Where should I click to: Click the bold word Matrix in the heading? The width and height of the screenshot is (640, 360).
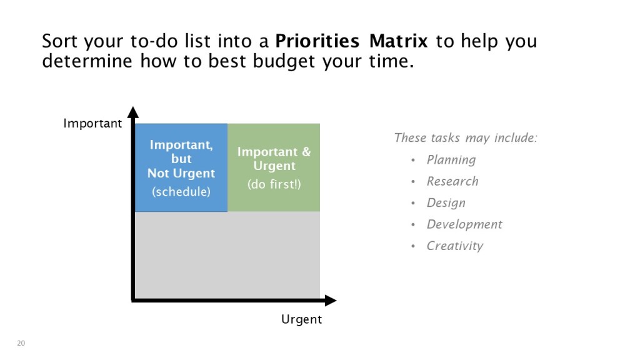398,41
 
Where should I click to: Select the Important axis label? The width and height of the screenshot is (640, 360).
92,123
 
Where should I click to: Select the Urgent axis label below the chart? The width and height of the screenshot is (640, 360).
302,319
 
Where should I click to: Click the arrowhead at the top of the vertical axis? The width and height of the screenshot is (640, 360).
133,112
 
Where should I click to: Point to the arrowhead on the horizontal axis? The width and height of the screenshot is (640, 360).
331,301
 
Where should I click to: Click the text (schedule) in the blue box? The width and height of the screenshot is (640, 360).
181,192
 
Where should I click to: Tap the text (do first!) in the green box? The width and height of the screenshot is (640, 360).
274,184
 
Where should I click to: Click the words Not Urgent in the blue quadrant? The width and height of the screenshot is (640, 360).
181,174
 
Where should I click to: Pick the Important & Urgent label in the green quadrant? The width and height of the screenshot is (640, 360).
274,159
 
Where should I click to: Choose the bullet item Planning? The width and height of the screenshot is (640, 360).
451,160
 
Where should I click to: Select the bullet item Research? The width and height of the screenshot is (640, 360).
452,181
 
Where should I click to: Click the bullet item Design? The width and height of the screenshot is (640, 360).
446,203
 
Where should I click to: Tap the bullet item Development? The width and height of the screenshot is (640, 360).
464,224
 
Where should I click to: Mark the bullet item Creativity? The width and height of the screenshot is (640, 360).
455,246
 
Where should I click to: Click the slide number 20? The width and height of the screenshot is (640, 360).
21,343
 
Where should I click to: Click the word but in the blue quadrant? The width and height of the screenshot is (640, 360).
181,159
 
